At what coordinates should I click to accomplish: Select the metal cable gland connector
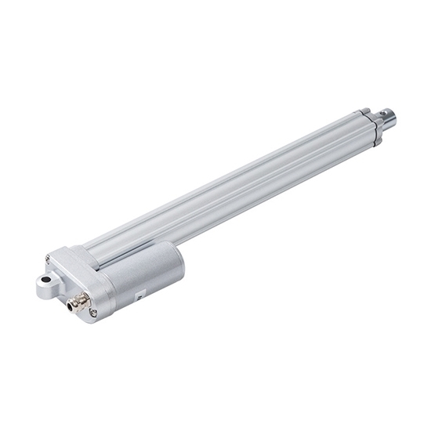pos(78,300)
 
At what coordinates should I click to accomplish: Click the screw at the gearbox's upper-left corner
pos(49,259)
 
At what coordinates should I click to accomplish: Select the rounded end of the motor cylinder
pos(173,263)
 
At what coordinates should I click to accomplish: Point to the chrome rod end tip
pos(386,118)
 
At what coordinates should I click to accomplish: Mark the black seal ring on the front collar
pos(375,128)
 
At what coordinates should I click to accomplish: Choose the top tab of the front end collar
pos(365,112)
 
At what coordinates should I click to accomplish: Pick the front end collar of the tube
pos(370,127)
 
